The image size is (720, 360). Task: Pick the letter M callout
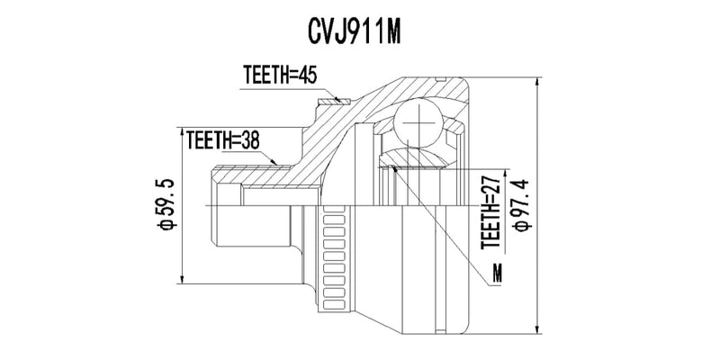tap(498, 273)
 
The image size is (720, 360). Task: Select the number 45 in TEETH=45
tap(308, 76)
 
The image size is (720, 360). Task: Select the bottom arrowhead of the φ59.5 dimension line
tap(183, 279)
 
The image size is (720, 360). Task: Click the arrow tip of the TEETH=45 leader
tap(343, 101)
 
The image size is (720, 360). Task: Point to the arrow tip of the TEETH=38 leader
tap(282, 165)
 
